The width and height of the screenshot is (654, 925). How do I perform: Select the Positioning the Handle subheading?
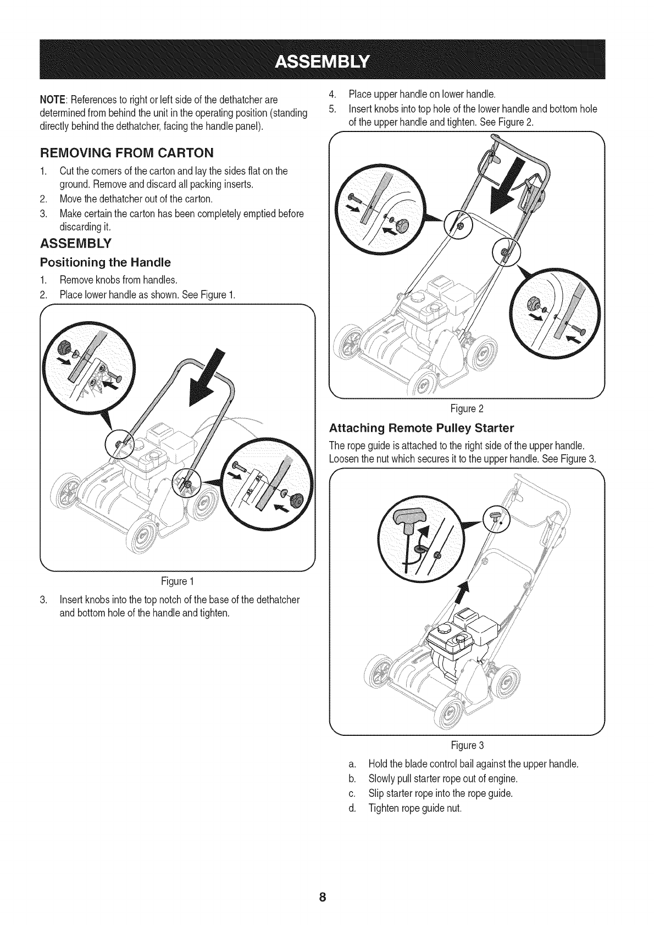point(106,261)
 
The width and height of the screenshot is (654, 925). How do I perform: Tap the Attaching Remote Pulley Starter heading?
point(421,427)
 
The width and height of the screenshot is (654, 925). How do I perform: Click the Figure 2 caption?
point(466,408)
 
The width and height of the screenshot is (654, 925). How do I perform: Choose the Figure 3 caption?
point(467,746)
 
